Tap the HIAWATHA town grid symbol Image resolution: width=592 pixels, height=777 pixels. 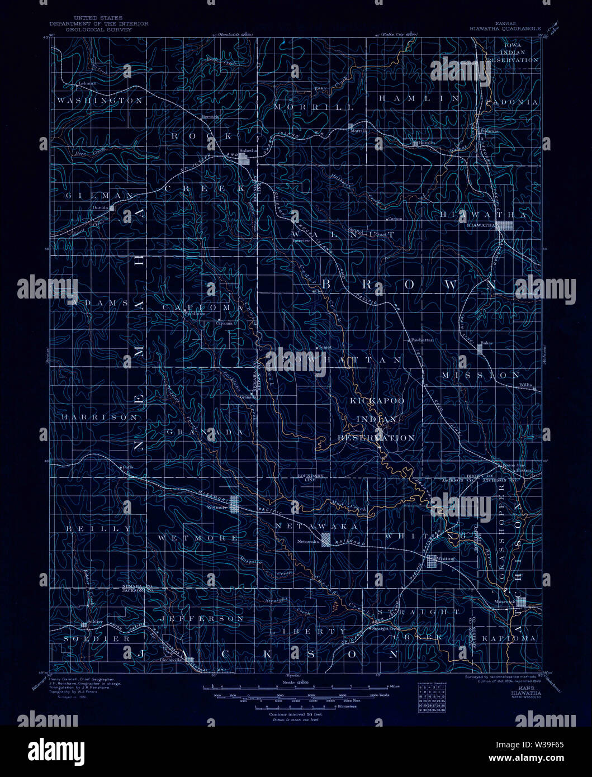coord(506,225)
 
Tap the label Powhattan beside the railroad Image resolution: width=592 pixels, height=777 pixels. coord(422,339)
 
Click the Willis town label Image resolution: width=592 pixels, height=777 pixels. coord(525,385)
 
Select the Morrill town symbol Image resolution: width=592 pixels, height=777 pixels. coord(351,126)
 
